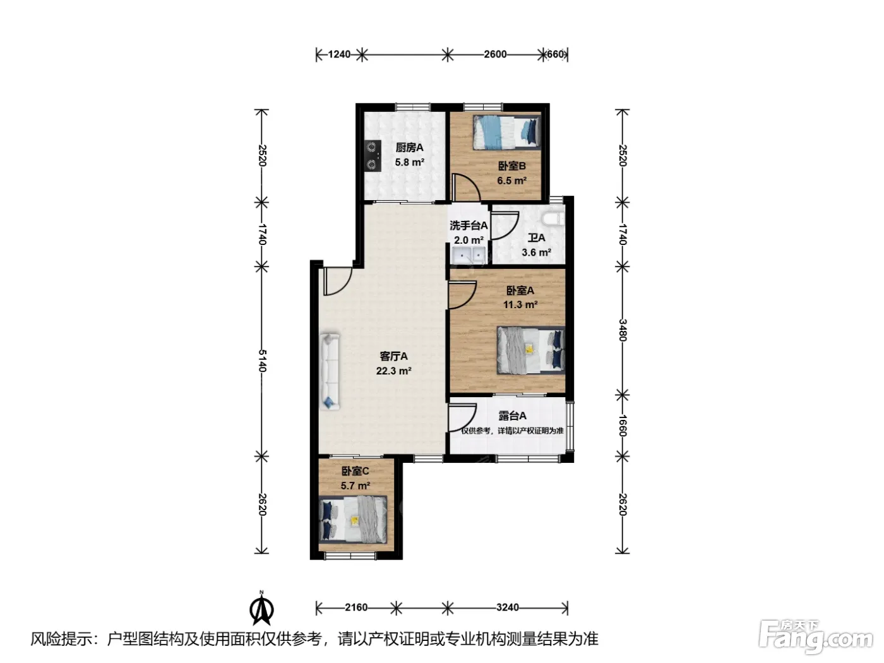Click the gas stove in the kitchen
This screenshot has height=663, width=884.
pyautogui.click(x=91, y=156)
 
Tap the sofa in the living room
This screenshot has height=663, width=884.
pyautogui.click(x=330, y=371)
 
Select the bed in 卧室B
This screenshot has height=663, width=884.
pyautogui.click(x=507, y=132)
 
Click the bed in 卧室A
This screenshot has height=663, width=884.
pyautogui.click(x=531, y=350)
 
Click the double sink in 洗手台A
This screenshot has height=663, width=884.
pyautogui.click(x=469, y=256)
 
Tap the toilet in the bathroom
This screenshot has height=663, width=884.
pyautogui.click(x=553, y=219)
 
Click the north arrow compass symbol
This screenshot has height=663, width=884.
pyautogui.click(x=261, y=609)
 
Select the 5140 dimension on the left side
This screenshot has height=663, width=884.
pyautogui.click(x=262, y=361)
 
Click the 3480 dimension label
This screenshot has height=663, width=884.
pyautogui.click(x=623, y=330)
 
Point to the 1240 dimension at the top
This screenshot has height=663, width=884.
pyautogui.click(x=339, y=54)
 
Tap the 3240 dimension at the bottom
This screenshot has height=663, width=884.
pyautogui.click(x=508, y=607)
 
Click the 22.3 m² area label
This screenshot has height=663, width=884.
pyautogui.click(x=393, y=371)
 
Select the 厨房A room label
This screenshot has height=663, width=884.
pyautogui.click(x=409, y=148)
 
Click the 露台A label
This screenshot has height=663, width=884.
pyautogui.click(x=512, y=415)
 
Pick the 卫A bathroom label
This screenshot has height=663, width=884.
pyautogui.click(x=537, y=238)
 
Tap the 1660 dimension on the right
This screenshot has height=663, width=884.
pyautogui.click(x=623, y=426)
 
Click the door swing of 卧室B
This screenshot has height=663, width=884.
pyautogui.click(x=466, y=187)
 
